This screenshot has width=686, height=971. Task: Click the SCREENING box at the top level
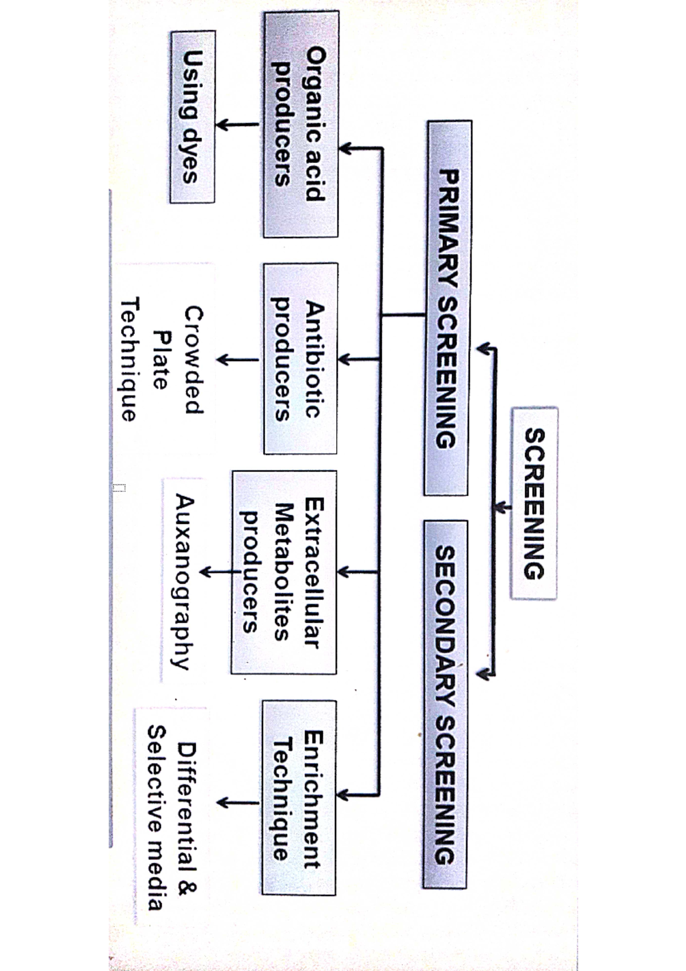click(x=534, y=503)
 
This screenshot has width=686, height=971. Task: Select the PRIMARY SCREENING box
click(x=447, y=308)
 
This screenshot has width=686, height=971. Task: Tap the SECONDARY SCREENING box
click(x=445, y=704)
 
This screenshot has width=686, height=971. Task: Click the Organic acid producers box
click(x=301, y=124)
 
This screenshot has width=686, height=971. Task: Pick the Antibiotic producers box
click(x=300, y=359)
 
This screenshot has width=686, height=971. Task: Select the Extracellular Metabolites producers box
click(x=284, y=572)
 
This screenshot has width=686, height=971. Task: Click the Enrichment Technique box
click(x=299, y=797)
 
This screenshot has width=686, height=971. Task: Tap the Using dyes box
click(x=193, y=117)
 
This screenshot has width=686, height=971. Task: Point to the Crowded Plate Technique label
click(x=162, y=359)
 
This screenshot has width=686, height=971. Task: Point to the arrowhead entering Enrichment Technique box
click(x=344, y=795)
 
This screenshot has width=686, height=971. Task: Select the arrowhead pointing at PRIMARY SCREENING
click(x=484, y=348)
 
